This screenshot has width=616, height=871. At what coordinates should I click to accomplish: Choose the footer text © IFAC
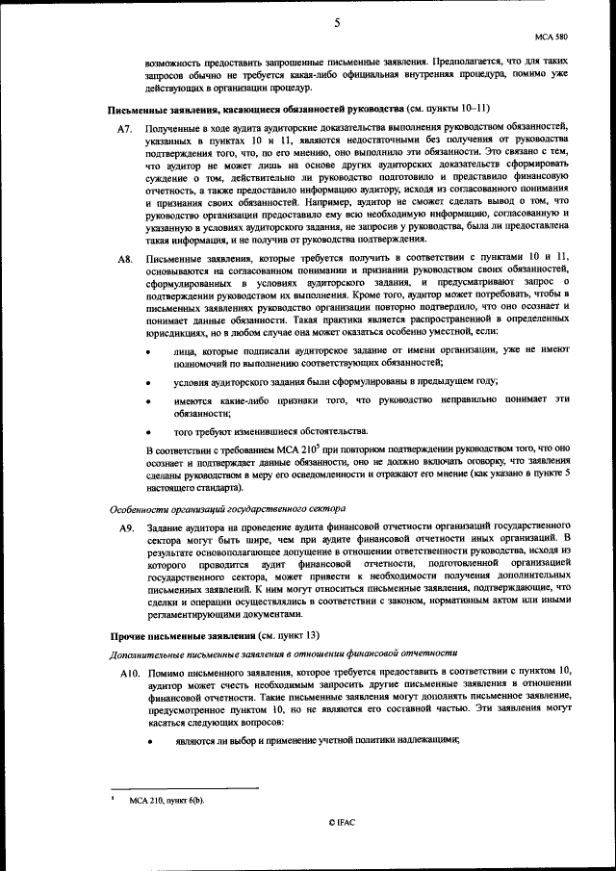pos(342,824)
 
